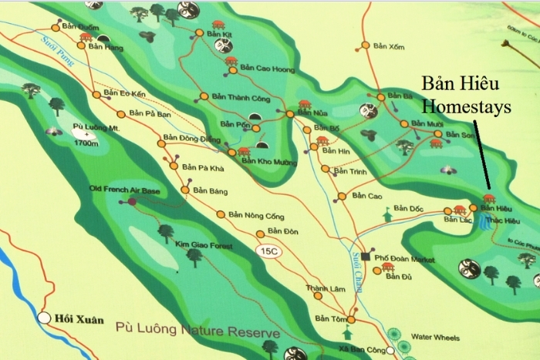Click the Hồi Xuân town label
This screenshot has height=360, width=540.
click(76, 317)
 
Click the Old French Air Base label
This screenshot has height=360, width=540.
click(126, 188)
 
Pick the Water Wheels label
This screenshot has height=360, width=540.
click(435, 338)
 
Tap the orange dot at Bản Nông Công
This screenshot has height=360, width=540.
click(221, 214)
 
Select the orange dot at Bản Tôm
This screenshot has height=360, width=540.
click(350, 318)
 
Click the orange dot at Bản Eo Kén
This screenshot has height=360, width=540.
click(96, 94)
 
